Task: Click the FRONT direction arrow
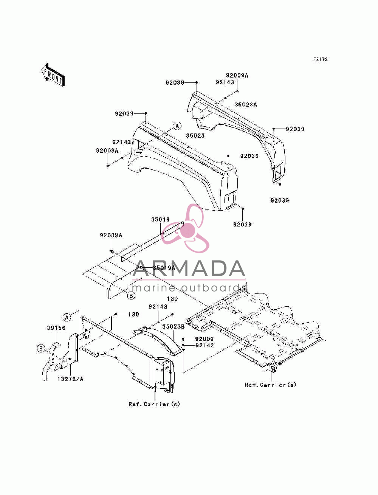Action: [x=53, y=74]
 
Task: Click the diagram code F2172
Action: [x=320, y=59]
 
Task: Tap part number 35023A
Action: [x=245, y=105]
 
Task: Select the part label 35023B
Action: [x=174, y=327]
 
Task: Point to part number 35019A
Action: [x=164, y=268]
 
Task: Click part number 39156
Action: [x=56, y=328]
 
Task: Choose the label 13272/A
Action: [x=70, y=379]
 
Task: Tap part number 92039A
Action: [x=111, y=235]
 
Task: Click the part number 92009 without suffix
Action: [x=204, y=339]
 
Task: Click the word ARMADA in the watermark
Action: [x=189, y=268]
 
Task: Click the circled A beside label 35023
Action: [x=177, y=126]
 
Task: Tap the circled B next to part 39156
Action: [x=41, y=349]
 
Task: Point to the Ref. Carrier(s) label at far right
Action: [x=270, y=385]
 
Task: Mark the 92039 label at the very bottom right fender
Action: [x=280, y=200]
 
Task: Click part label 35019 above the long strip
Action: [x=160, y=219]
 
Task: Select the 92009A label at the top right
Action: [x=237, y=76]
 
